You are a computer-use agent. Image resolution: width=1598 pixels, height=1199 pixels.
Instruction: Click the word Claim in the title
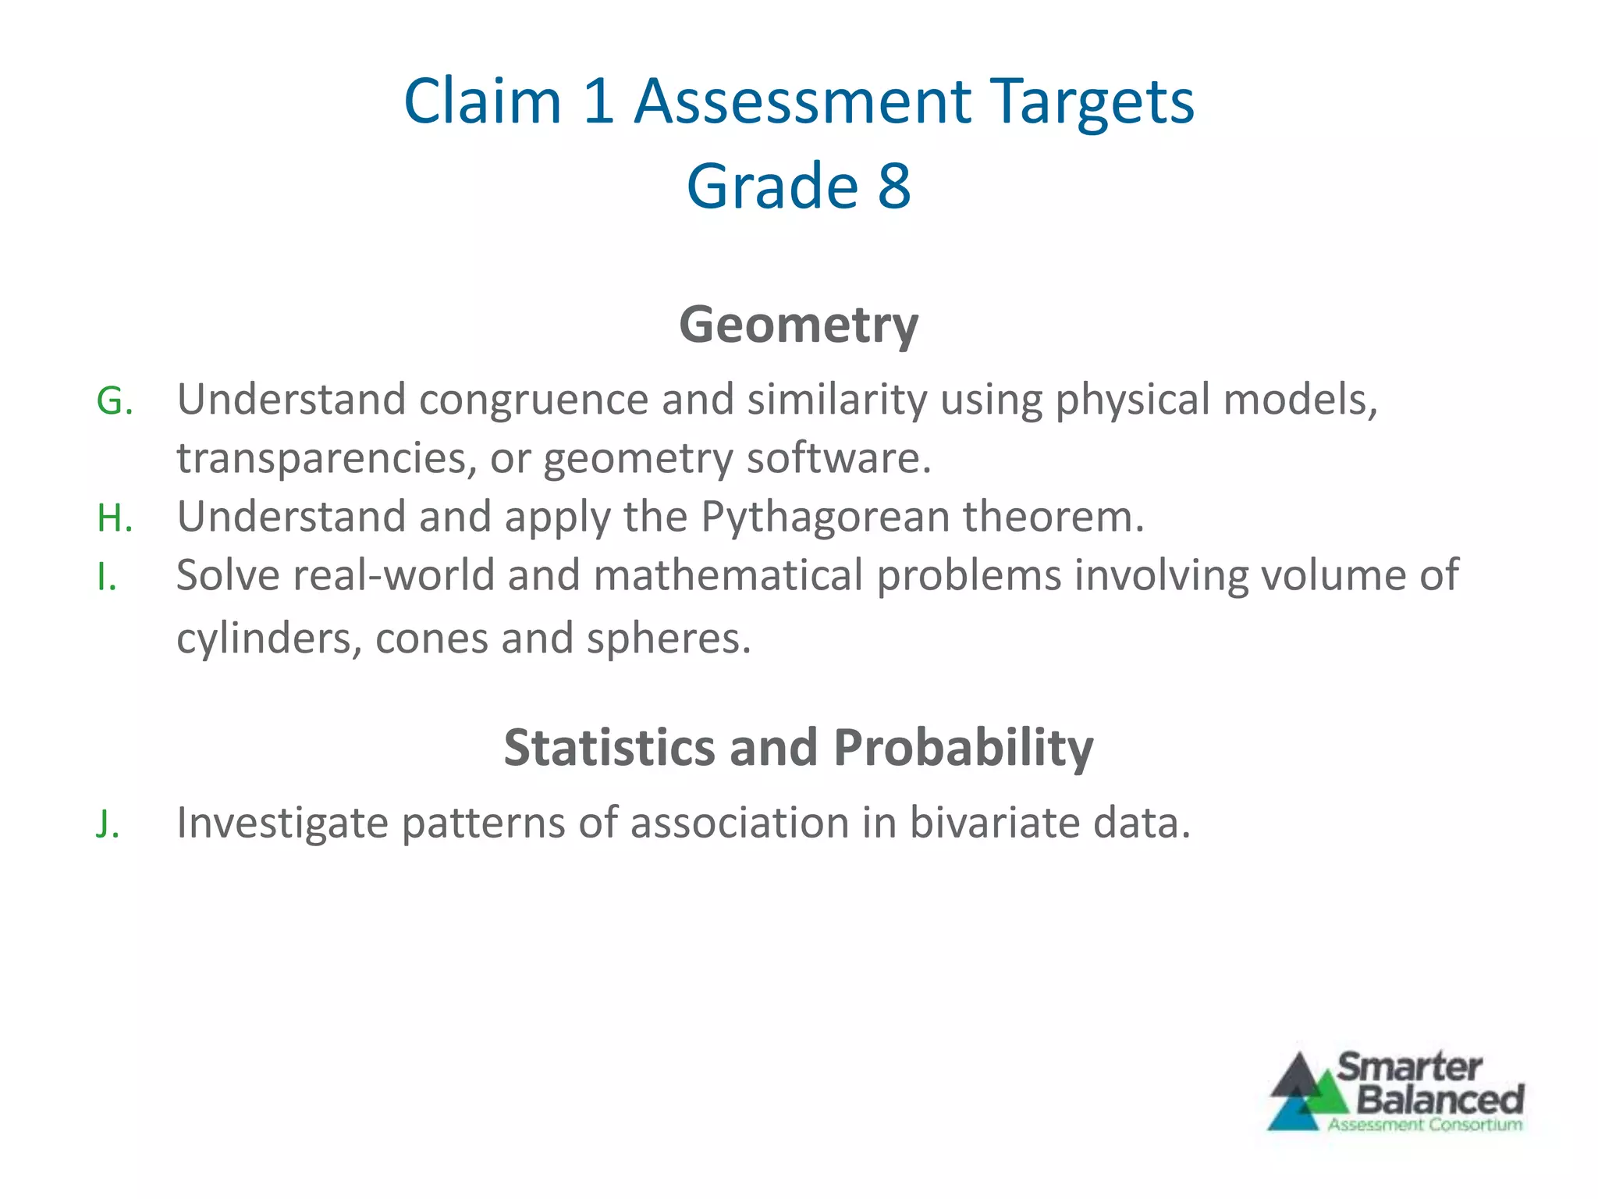(482, 101)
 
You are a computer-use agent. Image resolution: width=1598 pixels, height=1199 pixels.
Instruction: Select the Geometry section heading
(798, 324)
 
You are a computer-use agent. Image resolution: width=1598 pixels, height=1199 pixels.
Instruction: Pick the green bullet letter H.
(112, 518)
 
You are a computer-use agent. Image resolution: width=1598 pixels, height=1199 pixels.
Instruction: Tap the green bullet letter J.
(107, 824)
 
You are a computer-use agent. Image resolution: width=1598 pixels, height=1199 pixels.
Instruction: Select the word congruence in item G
(533, 400)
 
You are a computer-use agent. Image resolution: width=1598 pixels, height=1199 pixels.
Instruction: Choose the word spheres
(667, 639)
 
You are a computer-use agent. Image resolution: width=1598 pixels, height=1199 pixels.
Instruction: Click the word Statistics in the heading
(609, 748)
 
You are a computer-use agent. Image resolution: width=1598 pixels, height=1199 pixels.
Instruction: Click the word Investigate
(282, 824)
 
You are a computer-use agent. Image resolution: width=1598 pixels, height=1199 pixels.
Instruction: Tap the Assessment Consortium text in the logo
(1425, 1125)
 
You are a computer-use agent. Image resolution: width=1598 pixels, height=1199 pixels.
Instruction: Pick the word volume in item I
(1330, 575)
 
